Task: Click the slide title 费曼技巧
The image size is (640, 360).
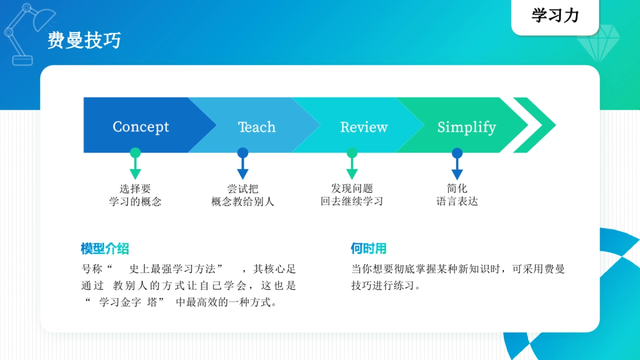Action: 84,41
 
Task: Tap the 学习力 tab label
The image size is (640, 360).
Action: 555,16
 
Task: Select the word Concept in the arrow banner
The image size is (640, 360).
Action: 141,127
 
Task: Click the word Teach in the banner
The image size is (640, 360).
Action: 257,127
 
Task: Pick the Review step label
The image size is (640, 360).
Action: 364,127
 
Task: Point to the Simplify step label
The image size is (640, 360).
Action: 467,127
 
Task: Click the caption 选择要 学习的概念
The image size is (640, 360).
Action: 135,195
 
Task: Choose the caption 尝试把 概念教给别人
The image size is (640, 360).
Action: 243,195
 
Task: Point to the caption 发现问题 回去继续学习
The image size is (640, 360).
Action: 352,195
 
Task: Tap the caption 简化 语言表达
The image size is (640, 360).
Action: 457,195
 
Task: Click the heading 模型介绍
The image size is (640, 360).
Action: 105,249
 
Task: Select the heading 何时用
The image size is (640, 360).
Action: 368,249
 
